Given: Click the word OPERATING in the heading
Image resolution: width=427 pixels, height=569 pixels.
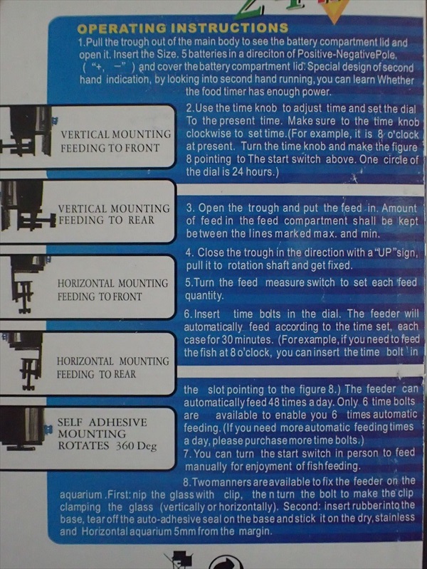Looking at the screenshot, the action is [x=122, y=28].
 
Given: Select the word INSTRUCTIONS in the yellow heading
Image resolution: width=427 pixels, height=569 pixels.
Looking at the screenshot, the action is [x=229, y=28].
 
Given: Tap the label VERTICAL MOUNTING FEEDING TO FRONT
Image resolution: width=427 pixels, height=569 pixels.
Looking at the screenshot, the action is [x=115, y=141].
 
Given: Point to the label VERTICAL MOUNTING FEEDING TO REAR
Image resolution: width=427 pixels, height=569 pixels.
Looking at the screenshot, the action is [x=114, y=215].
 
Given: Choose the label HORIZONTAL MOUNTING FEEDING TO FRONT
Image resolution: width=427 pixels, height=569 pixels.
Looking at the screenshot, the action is [x=112, y=290].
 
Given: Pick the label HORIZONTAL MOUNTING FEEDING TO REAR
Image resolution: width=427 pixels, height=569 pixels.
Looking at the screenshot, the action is [x=112, y=368].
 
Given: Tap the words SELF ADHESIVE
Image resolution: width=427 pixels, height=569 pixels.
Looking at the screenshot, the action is [x=102, y=422].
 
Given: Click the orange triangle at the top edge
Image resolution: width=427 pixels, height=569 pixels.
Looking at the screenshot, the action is [x=333, y=10].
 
